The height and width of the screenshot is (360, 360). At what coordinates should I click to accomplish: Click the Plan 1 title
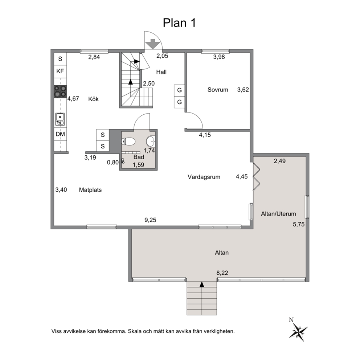click(x=179, y=23)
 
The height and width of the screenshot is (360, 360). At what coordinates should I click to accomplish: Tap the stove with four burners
click(x=60, y=91)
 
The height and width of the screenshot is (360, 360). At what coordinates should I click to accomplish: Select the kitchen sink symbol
click(x=60, y=119)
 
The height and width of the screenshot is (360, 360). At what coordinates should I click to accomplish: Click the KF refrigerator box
click(x=60, y=71)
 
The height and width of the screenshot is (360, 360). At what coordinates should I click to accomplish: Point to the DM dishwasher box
click(x=60, y=134)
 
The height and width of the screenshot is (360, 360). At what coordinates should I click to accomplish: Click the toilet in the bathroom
click(x=128, y=142)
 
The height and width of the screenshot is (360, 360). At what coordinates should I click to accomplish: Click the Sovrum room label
click(x=218, y=90)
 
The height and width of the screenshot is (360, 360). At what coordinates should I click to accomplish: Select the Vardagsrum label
click(x=204, y=177)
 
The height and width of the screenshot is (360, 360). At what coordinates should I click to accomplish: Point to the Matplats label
click(x=90, y=190)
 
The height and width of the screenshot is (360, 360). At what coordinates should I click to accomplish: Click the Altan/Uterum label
click(x=278, y=214)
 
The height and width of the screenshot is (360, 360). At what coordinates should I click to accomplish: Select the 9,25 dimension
click(x=150, y=220)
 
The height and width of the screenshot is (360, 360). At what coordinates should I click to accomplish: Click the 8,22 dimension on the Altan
click(x=222, y=273)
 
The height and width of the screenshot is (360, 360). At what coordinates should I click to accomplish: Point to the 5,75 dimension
click(x=299, y=224)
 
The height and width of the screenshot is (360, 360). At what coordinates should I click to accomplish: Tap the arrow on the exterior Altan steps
click(x=202, y=285)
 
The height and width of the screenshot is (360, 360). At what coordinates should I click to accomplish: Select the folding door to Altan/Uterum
click(x=257, y=176)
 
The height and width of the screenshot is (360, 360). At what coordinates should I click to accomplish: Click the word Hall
click(x=161, y=72)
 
